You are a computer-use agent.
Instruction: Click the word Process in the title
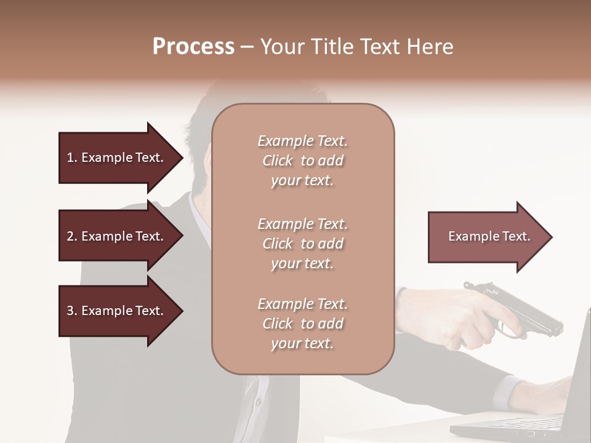[193, 47]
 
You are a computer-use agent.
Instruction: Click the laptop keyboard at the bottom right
[523, 425]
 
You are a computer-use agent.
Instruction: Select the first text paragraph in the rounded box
[302, 161]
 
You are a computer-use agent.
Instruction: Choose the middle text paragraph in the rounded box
[302, 244]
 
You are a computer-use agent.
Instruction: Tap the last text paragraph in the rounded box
[302, 324]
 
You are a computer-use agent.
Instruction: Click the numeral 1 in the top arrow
[70, 158]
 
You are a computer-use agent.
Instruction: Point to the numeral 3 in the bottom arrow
[70, 311]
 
